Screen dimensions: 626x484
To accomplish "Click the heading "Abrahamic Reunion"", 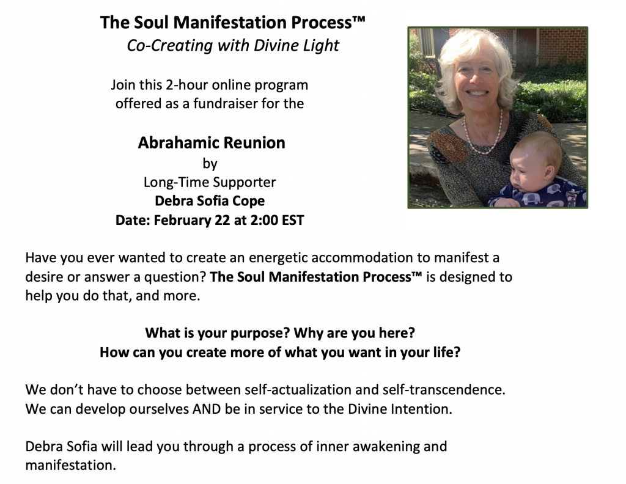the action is pos(212,142).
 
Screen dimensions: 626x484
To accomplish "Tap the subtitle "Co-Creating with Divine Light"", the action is pos(233,45).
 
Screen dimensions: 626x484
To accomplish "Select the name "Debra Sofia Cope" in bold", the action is pos(210,200).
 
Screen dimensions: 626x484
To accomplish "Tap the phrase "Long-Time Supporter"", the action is pos(210,182).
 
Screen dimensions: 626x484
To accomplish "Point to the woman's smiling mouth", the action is pos(477,92).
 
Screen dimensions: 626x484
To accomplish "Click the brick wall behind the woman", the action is pos(559,44).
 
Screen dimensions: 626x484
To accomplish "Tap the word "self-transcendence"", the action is pos(444,389).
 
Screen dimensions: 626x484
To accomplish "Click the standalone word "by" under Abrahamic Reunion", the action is pos(210,164).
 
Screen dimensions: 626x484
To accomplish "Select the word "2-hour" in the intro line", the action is pos(187,85).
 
